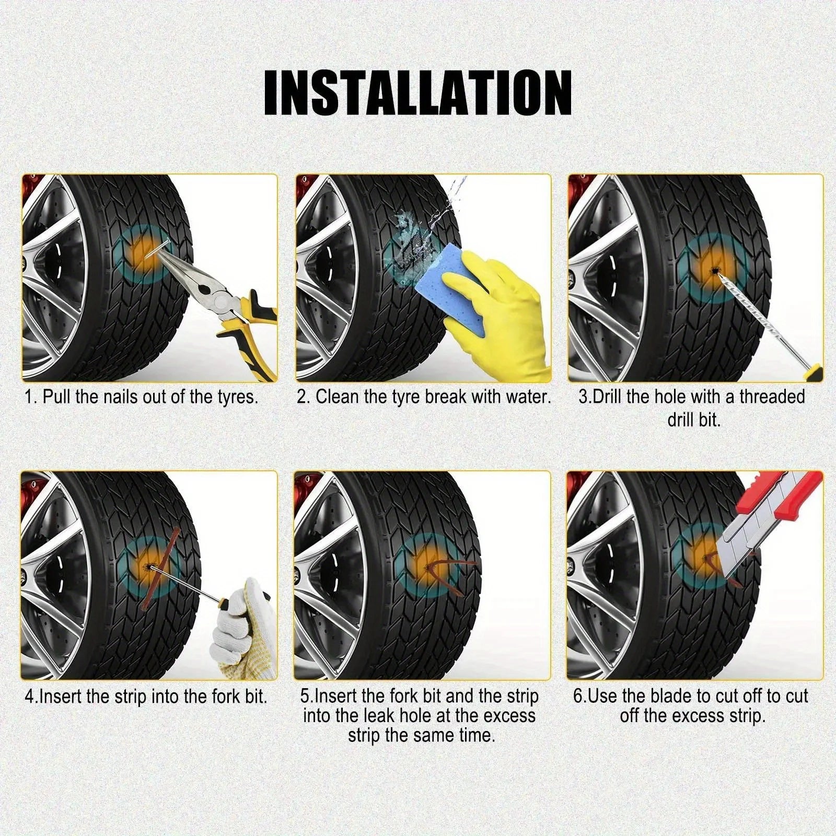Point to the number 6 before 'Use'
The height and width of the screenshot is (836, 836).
click(578, 696)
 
